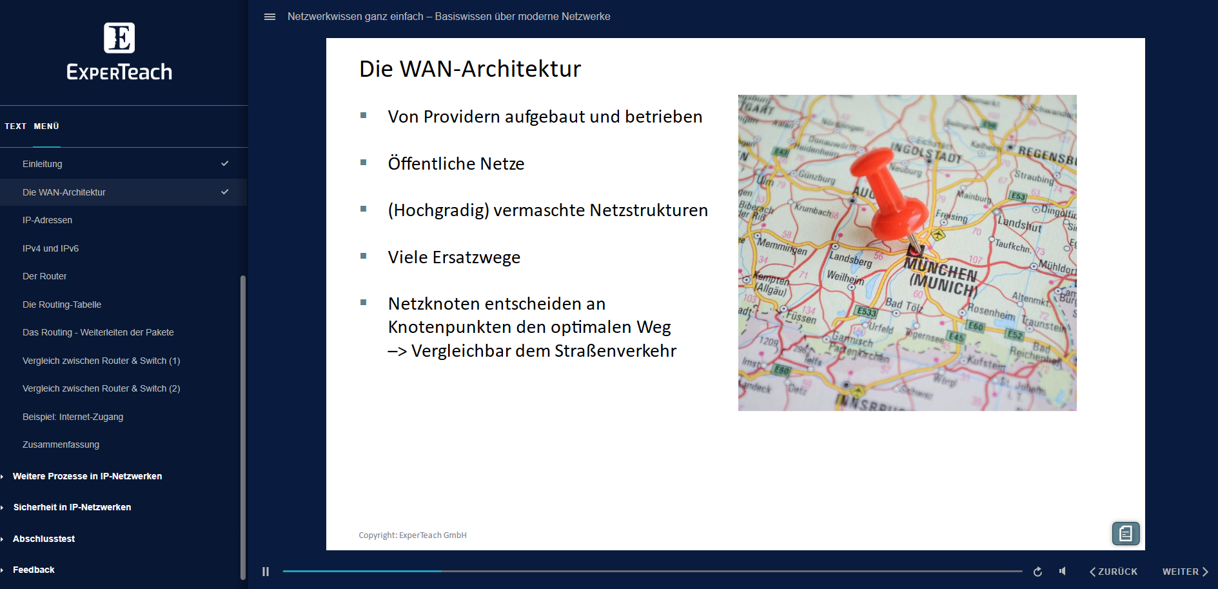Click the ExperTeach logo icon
point(119,38)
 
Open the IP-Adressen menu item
point(47,220)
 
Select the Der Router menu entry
point(44,276)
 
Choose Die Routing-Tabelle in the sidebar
point(62,304)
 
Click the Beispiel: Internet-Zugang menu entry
point(73,417)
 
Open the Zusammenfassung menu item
point(61,444)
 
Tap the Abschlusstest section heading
point(44,539)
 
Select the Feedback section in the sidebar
point(34,570)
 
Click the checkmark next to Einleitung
point(225,163)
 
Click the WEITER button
point(1184,572)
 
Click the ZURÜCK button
point(1114,572)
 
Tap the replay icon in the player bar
point(1037,572)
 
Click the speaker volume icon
point(1063,572)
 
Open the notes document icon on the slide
point(1126,534)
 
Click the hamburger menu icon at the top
point(270,17)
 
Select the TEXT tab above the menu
point(15,126)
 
